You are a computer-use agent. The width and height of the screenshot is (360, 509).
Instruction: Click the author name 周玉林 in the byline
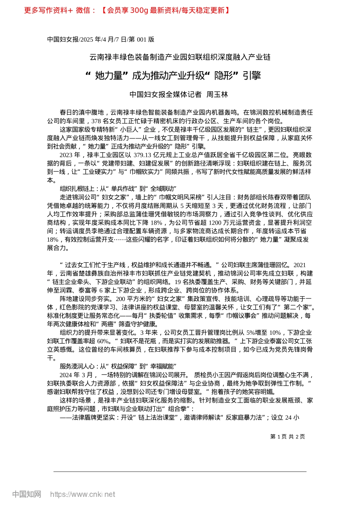click(217, 94)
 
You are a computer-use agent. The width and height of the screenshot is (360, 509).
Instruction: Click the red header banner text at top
click(127, 10)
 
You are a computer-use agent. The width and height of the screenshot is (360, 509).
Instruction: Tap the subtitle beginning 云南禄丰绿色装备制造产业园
click(180, 57)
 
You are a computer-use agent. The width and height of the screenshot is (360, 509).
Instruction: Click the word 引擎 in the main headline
click(252, 76)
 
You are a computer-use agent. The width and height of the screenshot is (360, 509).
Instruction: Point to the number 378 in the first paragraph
click(96, 121)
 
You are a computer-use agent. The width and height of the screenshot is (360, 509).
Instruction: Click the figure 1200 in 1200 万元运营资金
click(215, 223)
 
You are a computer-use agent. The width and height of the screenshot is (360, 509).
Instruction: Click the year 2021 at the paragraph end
click(299, 265)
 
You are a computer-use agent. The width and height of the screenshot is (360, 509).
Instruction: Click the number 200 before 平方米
click(121, 299)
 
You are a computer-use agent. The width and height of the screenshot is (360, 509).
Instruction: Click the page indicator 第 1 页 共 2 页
click(288, 437)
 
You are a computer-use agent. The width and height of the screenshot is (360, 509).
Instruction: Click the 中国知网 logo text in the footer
click(27, 494)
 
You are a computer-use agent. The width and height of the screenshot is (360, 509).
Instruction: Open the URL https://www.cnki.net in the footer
click(83, 494)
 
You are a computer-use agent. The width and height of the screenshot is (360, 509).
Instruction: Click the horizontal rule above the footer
click(180, 472)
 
